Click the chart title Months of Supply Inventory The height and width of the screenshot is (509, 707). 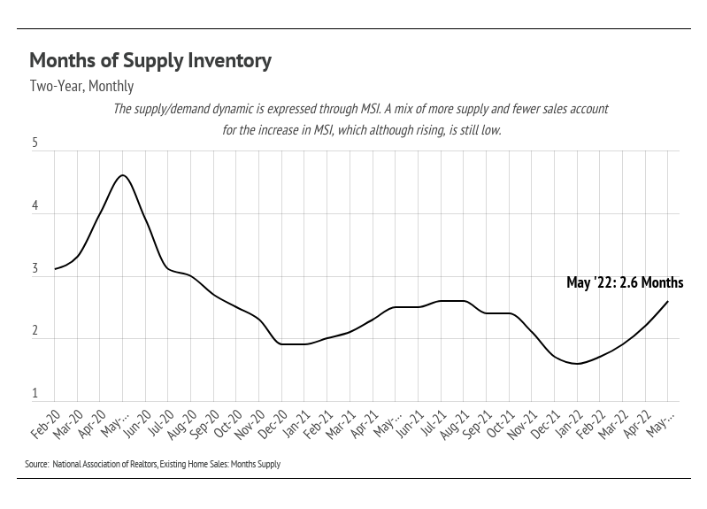pyautogui.click(x=150, y=61)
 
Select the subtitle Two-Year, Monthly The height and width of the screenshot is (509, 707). pyautogui.click(x=81, y=87)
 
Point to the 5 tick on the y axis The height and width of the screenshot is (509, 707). pyautogui.click(x=35, y=143)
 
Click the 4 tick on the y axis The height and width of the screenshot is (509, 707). pyautogui.click(x=35, y=206)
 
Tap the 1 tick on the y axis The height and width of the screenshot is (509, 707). pyautogui.click(x=35, y=393)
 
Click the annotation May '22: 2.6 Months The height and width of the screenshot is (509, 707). pyautogui.click(x=625, y=283)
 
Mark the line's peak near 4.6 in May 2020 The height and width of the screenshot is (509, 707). pyautogui.click(x=123, y=175)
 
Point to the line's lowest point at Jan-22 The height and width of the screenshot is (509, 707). pyautogui.click(x=577, y=364)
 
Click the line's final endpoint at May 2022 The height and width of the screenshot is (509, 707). pyautogui.click(x=667, y=302)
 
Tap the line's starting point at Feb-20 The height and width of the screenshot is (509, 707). pyautogui.click(x=55, y=269)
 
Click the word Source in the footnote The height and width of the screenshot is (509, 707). pyautogui.click(x=36, y=464)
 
